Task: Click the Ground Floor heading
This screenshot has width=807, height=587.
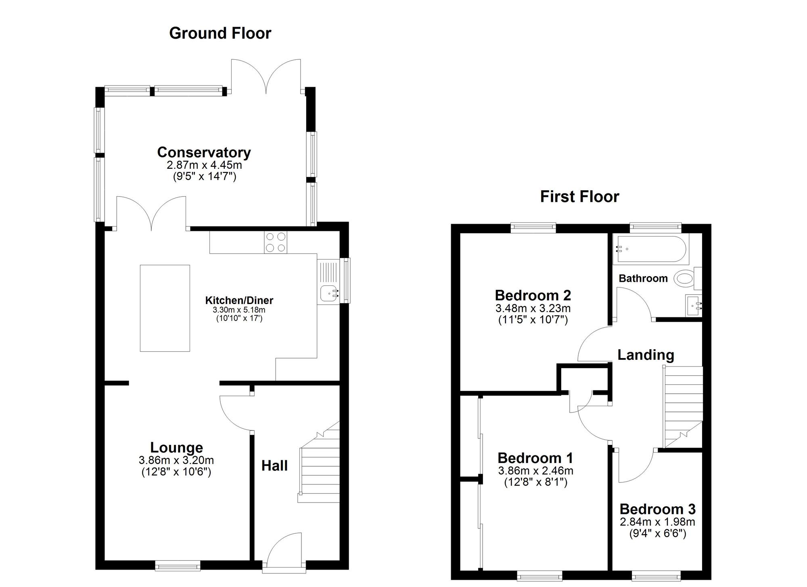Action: click(x=220, y=33)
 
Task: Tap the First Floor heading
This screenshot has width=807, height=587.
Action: click(x=579, y=197)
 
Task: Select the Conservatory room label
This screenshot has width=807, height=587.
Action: click(x=204, y=152)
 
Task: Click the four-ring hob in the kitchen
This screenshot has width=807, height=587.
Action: click(x=276, y=242)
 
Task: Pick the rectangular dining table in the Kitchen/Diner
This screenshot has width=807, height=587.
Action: click(x=165, y=308)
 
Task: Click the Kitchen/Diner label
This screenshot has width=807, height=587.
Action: click(x=239, y=300)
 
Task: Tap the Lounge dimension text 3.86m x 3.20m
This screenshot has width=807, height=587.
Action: click(x=176, y=460)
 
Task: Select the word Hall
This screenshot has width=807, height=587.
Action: click(x=274, y=465)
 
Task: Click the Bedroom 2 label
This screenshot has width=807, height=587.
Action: click(x=533, y=295)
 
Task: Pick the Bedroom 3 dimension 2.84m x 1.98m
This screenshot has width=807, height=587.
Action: click(x=657, y=522)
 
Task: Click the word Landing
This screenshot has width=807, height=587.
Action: click(x=646, y=355)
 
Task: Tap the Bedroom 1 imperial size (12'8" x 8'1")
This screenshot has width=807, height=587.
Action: click(x=536, y=482)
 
